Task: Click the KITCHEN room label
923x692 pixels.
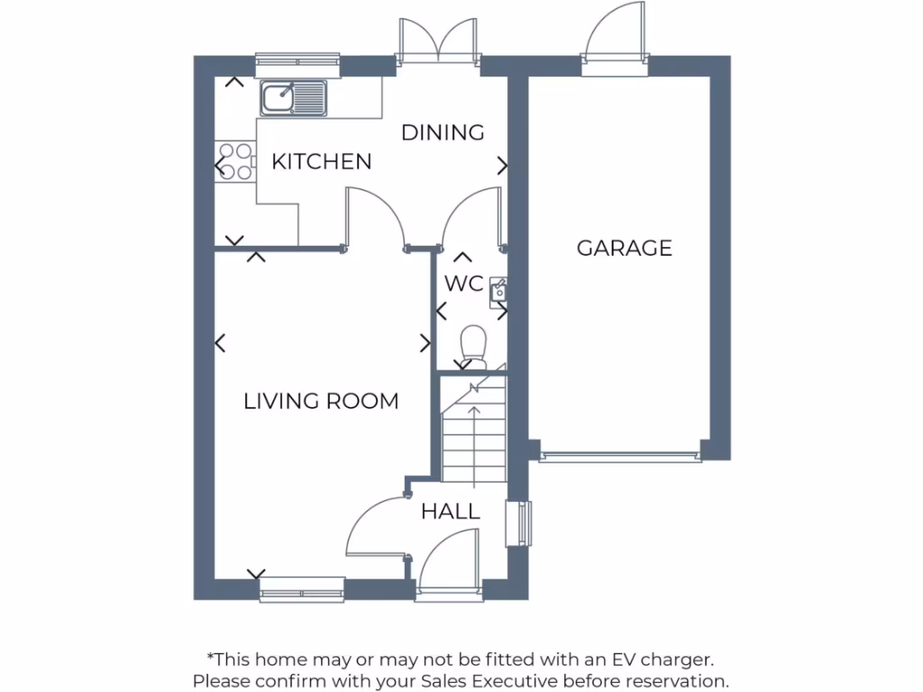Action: pos(322,162)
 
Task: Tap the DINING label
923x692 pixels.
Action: pos(443,132)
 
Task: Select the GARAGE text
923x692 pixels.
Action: pos(625,248)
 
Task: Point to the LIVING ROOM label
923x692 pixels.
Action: pos(321,401)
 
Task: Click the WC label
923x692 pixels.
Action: pos(464,283)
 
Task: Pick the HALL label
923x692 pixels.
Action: pos(451,513)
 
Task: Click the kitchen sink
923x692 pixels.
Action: pos(294,96)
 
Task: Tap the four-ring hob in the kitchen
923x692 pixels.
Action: pos(235,161)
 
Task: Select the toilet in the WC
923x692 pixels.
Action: pos(472,347)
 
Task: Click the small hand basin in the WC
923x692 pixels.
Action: pos(498,290)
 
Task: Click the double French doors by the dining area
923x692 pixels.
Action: pos(437,41)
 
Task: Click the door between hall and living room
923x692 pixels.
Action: pos(377,527)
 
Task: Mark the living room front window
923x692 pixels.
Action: pos(302,590)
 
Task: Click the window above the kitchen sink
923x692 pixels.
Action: pos(297,62)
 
